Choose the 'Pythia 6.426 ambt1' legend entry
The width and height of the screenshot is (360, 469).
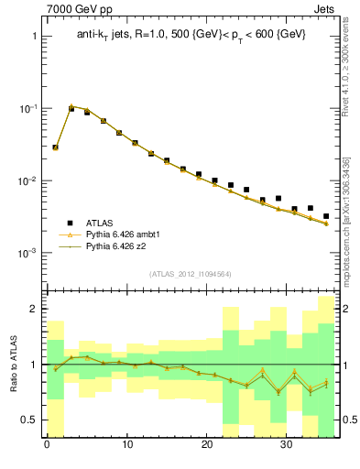click(x=123, y=234)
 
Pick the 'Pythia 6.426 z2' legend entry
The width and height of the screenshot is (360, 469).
click(x=116, y=246)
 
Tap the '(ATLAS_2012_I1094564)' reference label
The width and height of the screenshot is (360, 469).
click(x=190, y=273)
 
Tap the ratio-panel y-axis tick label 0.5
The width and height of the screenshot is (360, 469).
click(x=29, y=420)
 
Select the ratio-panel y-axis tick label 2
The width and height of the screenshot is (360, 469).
click(x=34, y=309)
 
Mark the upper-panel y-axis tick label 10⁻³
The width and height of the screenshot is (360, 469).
click(x=27, y=253)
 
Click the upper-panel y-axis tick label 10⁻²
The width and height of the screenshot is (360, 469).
click(x=27, y=180)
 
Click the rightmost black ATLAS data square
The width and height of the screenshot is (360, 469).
click(x=326, y=216)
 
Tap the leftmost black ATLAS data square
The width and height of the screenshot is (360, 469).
click(x=55, y=147)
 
